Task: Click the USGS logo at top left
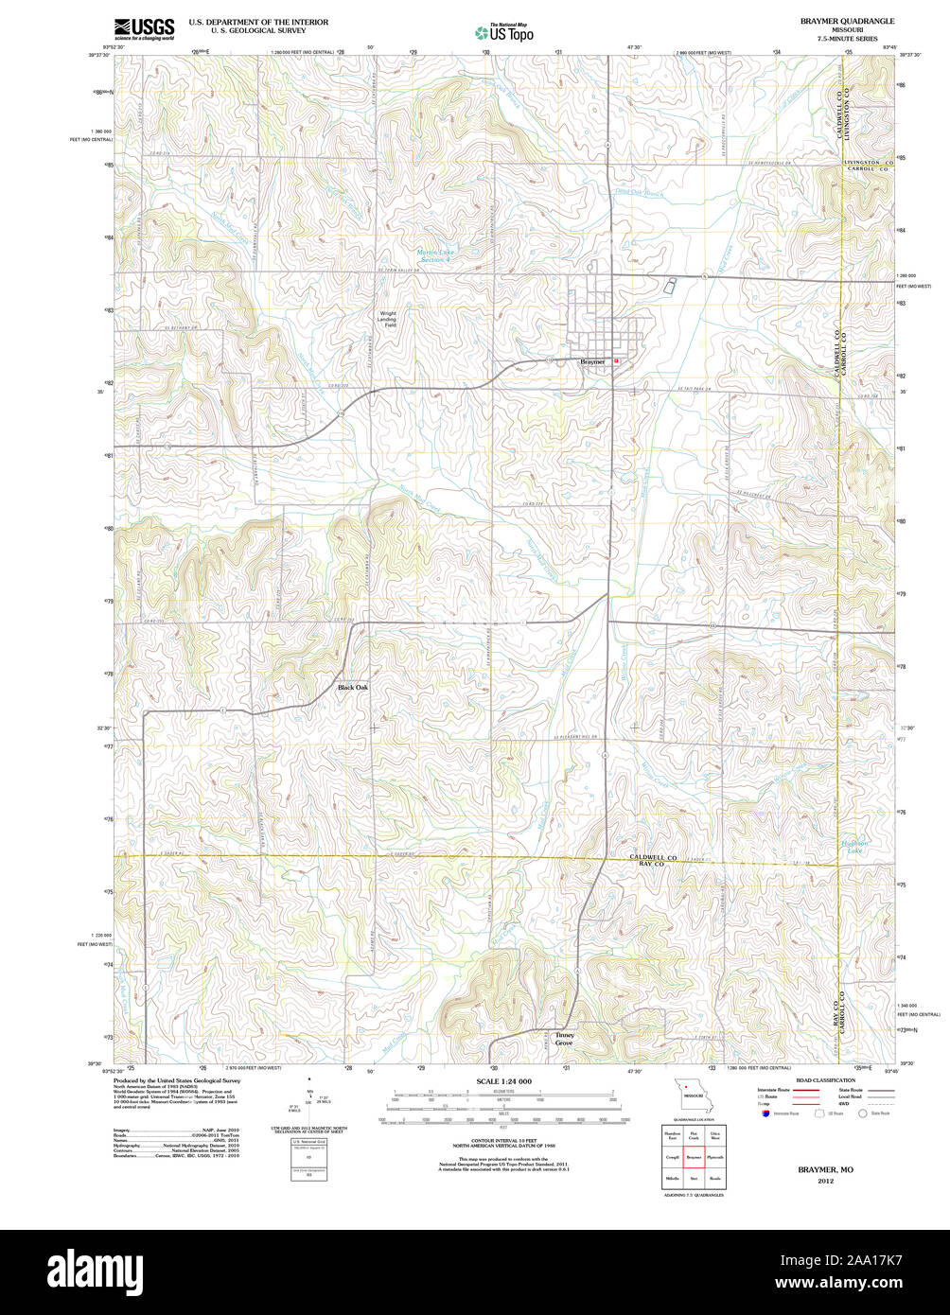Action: (144, 29)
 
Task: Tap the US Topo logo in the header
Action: (504, 31)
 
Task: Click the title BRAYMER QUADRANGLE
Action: (847, 21)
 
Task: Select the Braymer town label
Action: (592, 361)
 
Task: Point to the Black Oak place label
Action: (353, 687)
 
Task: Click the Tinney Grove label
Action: (564, 1039)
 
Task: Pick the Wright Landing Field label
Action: (389, 319)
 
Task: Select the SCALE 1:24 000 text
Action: (503, 1081)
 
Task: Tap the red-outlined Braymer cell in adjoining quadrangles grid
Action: (693, 1156)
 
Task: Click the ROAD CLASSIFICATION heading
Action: (825, 1080)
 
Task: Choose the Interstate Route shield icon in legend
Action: (765, 1113)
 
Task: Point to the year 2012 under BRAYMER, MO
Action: (826, 1181)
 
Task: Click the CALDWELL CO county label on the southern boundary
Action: (654, 857)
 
